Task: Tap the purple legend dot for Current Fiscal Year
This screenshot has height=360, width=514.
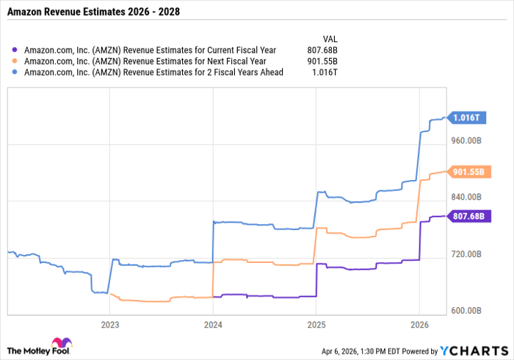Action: click(15, 51)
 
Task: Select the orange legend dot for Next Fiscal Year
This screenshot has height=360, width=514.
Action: click(15, 62)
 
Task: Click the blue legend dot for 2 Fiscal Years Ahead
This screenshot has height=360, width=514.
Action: click(15, 73)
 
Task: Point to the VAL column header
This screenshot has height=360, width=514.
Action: click(330, 38)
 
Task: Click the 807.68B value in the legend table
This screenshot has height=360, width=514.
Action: click(324, 51)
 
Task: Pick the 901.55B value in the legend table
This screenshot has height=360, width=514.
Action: click(324, 62)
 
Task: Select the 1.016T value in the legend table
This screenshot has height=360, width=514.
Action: click(327, 73)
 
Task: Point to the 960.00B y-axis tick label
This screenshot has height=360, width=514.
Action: click(466, 140)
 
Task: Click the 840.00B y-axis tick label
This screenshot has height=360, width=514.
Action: click(466, 197)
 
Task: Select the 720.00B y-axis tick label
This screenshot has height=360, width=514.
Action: click(466, 254)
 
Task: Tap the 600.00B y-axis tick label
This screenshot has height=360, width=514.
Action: click(466, 311)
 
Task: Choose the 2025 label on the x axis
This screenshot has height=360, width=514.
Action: click(316, 324)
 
